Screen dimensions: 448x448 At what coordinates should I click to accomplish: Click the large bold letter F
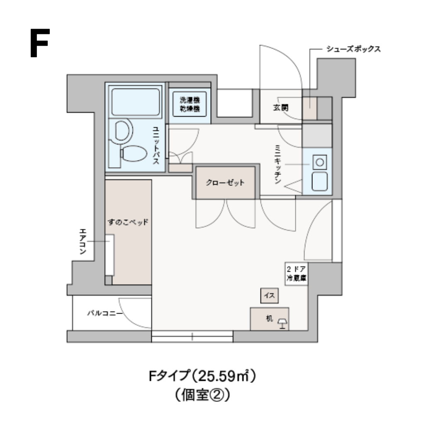pos(39,43)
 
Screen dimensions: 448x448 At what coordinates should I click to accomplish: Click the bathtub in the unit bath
pos(135,102)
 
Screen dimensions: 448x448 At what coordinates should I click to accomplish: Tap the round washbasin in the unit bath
pos(122,131)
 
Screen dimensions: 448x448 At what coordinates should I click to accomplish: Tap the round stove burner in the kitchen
pos(319,162)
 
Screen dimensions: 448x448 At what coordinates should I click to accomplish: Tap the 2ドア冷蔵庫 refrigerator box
pos(296,273)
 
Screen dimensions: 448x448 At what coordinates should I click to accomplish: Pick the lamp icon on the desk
pos(282,322)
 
